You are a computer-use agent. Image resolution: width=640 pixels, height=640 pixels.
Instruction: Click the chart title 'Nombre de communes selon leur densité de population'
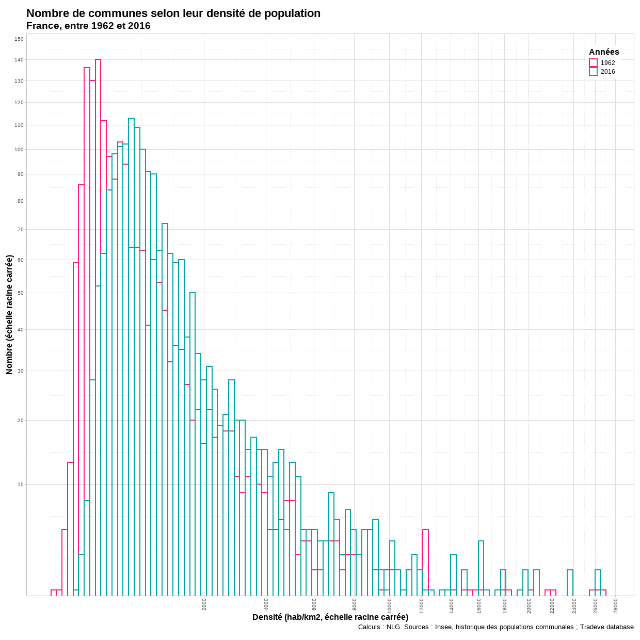coord(173,13)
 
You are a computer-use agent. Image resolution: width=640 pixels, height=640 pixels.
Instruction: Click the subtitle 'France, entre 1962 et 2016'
coord(88,26)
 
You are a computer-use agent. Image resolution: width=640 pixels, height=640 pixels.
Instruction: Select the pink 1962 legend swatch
coord(593,63)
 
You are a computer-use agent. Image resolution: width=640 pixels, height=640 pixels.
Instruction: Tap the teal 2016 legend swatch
coord(593,72)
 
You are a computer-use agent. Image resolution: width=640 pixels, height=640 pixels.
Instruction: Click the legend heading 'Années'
coord(604,52)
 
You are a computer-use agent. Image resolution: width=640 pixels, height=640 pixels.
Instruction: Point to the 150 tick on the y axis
coord(19,39)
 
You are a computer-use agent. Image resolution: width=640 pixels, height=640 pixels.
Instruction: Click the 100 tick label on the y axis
coord(19,150)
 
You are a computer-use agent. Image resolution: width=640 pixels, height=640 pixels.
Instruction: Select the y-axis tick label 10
coord(21,485)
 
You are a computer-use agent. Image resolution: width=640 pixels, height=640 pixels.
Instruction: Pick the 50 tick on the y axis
coord(21,293)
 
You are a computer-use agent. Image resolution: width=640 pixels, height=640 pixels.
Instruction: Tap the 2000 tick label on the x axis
coord(204,604)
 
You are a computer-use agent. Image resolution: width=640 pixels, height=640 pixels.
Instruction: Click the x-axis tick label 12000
coord(422,605)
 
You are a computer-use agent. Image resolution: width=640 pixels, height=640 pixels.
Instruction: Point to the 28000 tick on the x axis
coord(616,605)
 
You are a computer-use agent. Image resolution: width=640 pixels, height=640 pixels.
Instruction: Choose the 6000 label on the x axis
coord(314,604)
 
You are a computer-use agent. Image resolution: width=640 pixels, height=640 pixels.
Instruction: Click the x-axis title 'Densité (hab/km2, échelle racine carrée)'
coord(330,617)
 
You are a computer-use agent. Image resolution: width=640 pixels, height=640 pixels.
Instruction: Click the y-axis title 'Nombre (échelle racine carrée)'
coord(9,314)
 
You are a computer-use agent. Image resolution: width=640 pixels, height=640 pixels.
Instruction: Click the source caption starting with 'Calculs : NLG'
coord(495,627)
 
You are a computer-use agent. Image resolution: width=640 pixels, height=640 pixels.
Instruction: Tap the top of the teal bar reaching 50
coord(193,293)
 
